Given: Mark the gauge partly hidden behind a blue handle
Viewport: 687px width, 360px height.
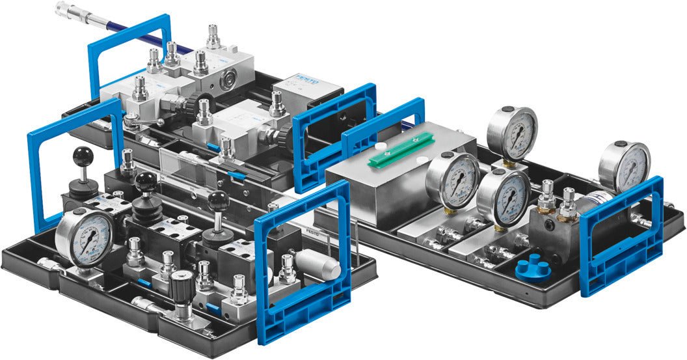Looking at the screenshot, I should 623,165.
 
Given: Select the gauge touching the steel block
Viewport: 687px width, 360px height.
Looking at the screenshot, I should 453,180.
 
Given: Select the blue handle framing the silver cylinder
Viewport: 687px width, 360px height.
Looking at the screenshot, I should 303,260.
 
